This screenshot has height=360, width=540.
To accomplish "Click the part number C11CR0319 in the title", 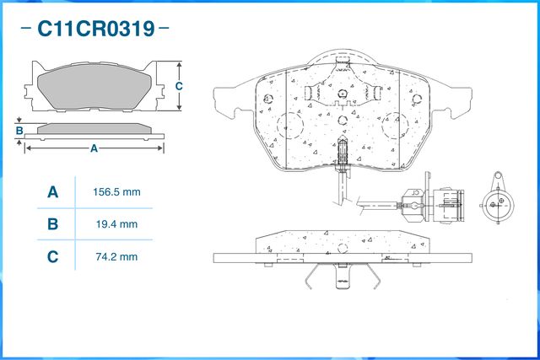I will coord(95,30).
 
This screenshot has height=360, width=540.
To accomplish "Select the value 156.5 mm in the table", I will coord(116,192).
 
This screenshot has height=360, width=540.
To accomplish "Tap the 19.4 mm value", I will coord(116,224).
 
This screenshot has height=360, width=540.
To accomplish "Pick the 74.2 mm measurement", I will coord(116,256).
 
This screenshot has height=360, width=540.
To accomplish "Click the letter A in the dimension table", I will coord(52,192).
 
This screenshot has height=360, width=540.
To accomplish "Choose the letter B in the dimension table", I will coord(52,224).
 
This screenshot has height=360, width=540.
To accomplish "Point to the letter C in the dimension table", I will coord(52,256).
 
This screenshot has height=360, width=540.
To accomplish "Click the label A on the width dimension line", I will coord(94,148).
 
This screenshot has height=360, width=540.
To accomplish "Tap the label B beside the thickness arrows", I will coord(19,131).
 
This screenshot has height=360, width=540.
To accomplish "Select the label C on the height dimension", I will coord(179,86).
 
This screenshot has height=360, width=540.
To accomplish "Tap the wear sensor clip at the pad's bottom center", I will coord(343,152).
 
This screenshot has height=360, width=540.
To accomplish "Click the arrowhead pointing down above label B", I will coord(19,121).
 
